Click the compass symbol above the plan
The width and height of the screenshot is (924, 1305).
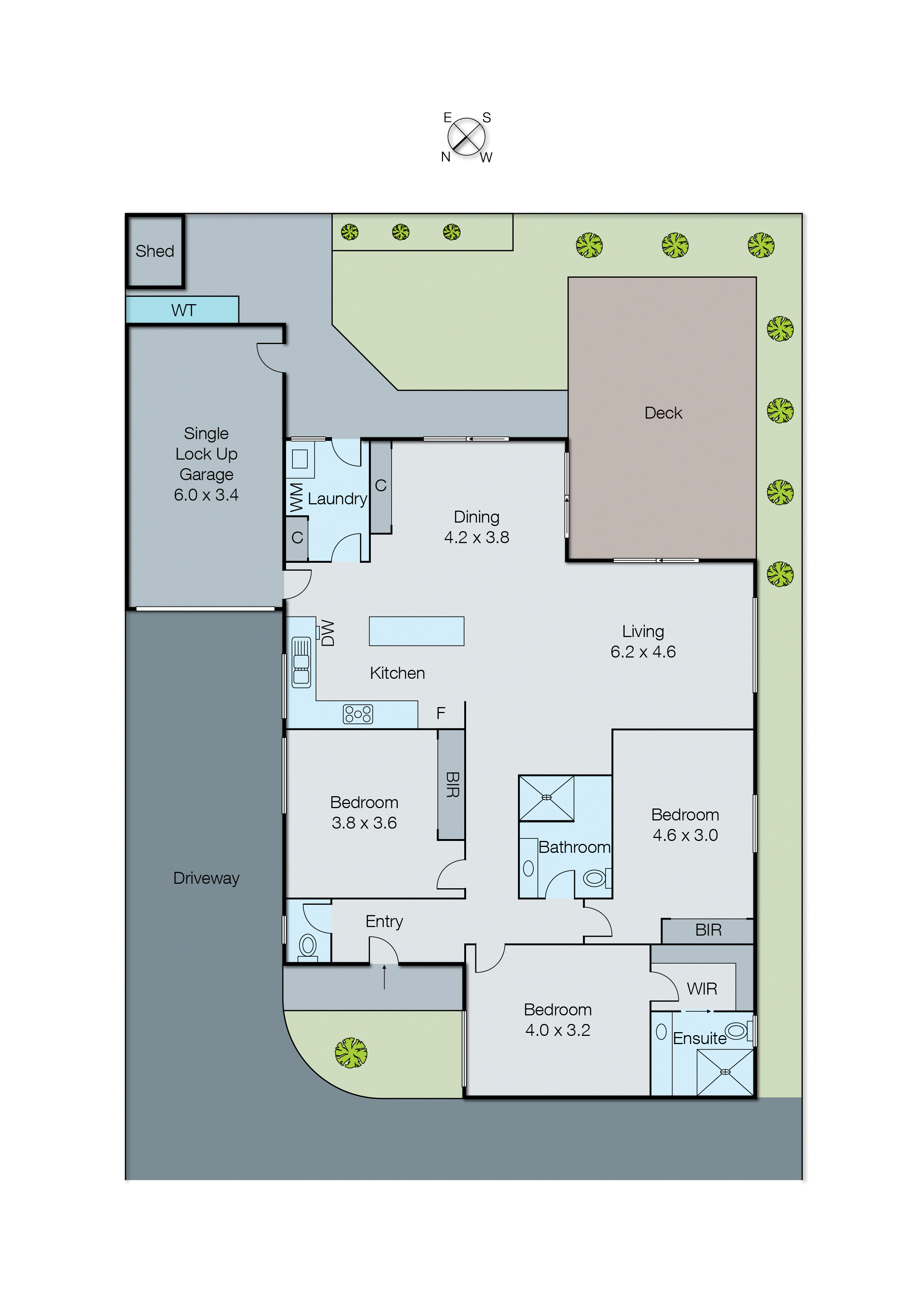pos(466,137)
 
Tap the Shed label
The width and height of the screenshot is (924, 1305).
pos(155,251)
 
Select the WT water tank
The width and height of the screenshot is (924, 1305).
pos(183,310)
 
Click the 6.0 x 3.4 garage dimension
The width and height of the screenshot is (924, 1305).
pos(206,495)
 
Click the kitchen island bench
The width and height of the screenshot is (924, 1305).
pos(417,631)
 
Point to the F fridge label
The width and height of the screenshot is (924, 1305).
pos(440,713)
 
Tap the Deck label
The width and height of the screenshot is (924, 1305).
pos(663,413)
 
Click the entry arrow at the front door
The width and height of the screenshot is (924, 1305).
pos(384,977)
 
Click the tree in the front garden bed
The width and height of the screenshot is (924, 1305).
pos(351,1053)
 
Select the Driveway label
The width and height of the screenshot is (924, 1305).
pos(206,878)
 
